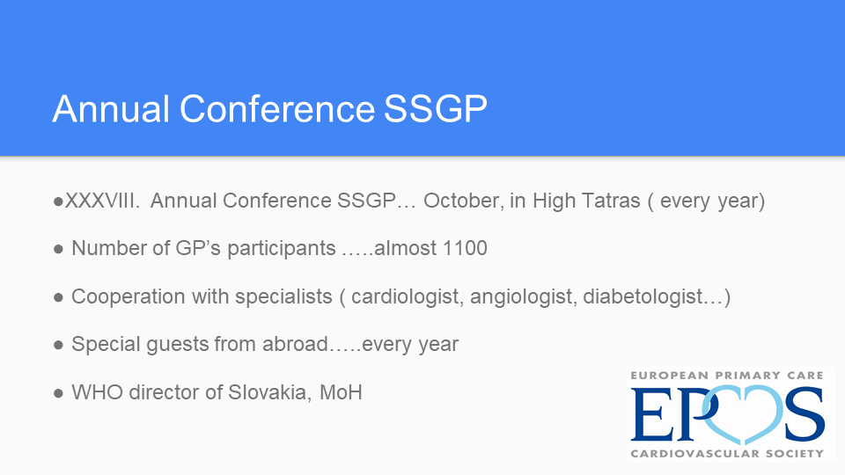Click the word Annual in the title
pyautogui.click(x=111, y=109)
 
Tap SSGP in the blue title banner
pyautogui.click(x=436, y=109)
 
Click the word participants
pyautogui.click(x=282, y=249)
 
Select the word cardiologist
pyautogui.click(x=407, y=296)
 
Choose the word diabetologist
pyautogui.click(x=643, y=296)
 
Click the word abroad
pyautogui.click(x=295, y=344)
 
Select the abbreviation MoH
pyautogui.click(x=341, y=392)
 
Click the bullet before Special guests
pyautogui.click(x=58, y=345)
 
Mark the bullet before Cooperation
pyautogui.click(x=58, y=297)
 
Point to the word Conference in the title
pyautogui.click(x=277, y=109)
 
